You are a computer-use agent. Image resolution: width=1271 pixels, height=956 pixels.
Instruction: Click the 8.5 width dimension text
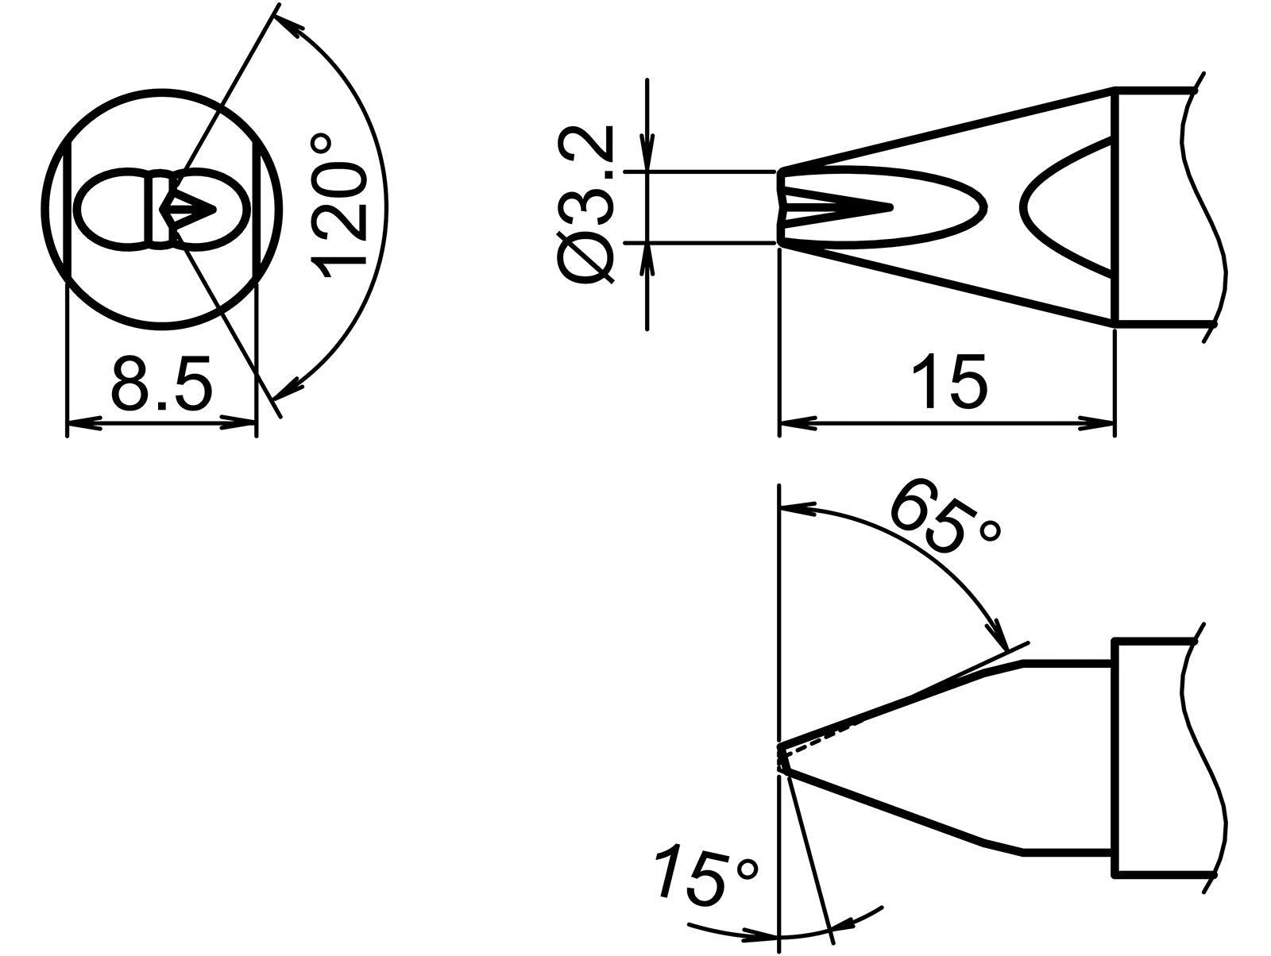pyautogui.click(x=162, y=383)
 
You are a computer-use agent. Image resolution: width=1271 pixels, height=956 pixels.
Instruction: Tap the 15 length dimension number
pyautogui.click(x=948, y=380)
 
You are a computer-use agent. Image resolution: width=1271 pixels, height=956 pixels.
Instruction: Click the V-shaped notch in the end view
pyautogui.click(x=191, y=209)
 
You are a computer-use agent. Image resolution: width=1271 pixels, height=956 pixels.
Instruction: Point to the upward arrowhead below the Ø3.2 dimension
pyautogui.click(x=648, y=258)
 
